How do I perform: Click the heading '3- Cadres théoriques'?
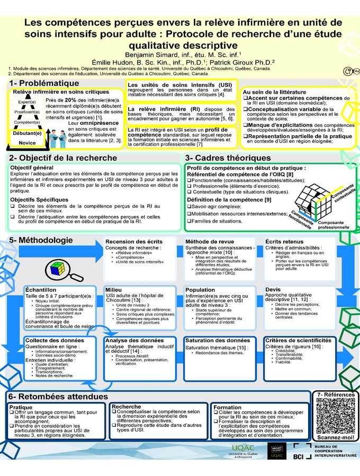(x=228, y=158)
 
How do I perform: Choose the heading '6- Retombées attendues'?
(x=58, y=396)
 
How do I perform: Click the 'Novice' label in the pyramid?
(x=27, y=143)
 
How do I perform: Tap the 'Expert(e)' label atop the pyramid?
(x=27, y=102)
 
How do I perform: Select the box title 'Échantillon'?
(x=41, y=290)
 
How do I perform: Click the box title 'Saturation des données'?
(x=217, y=340)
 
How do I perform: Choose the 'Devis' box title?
(x=273, y=290)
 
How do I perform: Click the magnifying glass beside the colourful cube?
(x=71, y=276)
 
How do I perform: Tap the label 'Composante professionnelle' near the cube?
(x=332, y=225)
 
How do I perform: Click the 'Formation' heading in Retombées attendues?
(x=228, y=407)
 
